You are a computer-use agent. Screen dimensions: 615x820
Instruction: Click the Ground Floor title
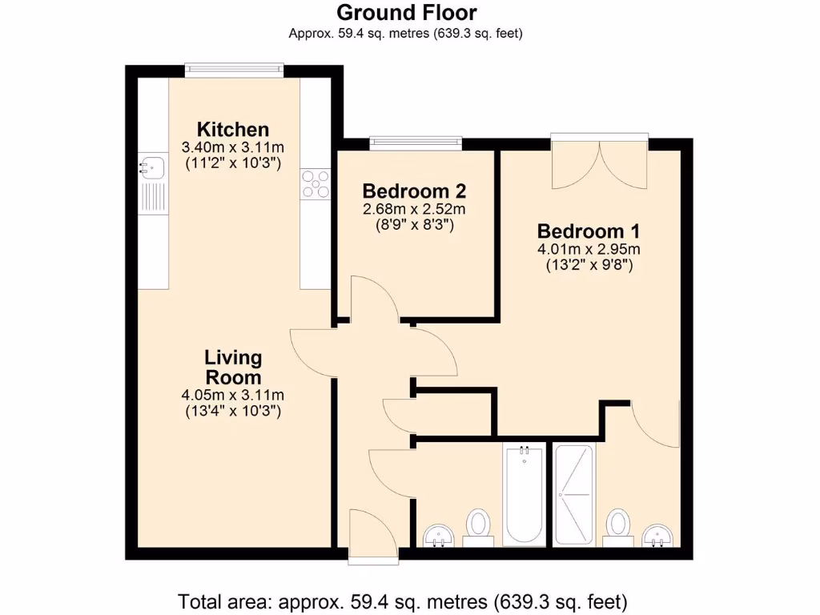(x=406, y=13)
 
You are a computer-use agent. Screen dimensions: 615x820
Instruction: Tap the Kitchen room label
(x=233, y=129)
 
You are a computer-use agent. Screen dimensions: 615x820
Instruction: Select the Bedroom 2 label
(x=415, y=191)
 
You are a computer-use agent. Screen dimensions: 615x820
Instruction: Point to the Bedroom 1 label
(x=589, y=231)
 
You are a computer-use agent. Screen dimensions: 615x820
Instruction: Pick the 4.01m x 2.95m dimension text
(x=589, y=249)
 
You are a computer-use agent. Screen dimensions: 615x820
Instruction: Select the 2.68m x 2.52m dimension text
(x=415, y=209)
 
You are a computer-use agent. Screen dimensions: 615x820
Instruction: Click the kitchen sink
(x=152, y=167)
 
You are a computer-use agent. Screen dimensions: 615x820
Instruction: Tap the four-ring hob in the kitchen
(x=316, y=183)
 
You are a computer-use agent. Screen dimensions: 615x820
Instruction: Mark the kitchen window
(x=234, y=70)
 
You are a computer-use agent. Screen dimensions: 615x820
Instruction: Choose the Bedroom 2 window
(x=416, y=143)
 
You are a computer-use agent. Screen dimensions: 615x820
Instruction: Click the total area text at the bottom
(x=402, y=601)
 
